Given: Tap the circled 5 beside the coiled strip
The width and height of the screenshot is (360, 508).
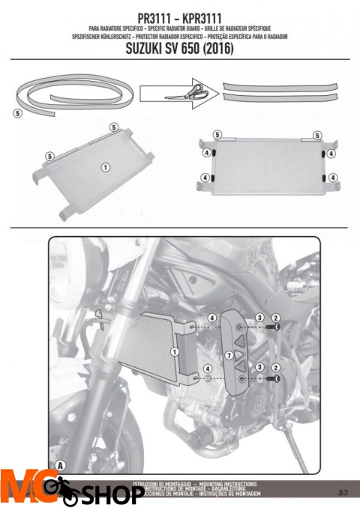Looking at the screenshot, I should click(x=17, y=113).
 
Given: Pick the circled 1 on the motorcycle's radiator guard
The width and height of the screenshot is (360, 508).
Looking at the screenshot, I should click(x=175, y=351).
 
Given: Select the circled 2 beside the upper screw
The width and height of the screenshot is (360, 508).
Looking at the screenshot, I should click(x=276, y=318).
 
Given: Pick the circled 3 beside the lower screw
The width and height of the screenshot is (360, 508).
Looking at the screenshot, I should click(x=259, y=367).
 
